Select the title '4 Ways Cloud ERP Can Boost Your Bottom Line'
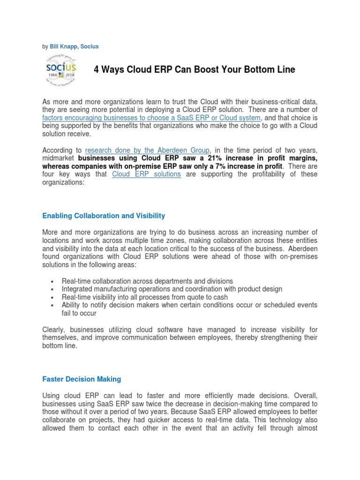(x=195, y=70)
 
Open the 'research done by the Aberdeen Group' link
(x=147, y=150)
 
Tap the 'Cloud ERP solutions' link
(x=147, y=174)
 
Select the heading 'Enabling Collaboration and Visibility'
(x=104, y=216)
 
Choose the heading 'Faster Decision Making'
(x=82, y=379)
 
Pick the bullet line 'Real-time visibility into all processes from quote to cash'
(x=145, y=297)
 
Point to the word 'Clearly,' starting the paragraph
(x=55, y=329)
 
